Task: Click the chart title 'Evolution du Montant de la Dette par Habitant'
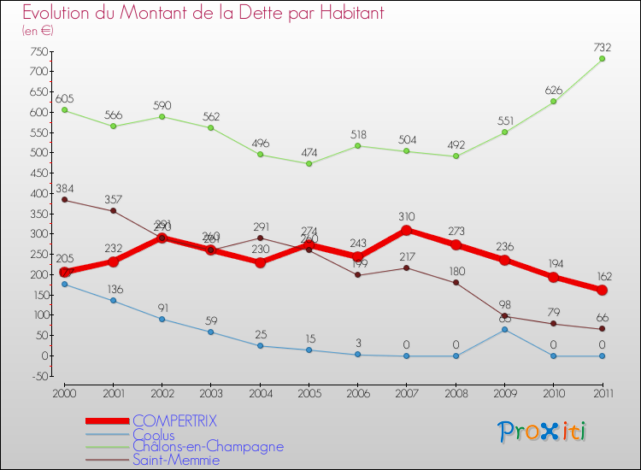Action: [x=203, y=14]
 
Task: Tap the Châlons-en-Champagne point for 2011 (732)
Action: [x=602, y=58]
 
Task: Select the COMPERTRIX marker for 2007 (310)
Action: [x=407, y=230]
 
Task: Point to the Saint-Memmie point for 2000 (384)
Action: [x=64, y=200]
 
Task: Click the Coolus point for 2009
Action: [x=504, y=329]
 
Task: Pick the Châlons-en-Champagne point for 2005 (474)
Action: [x=309, y=163]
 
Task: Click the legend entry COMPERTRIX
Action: [x=174, y=421]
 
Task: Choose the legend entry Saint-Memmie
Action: [x=176, y=461]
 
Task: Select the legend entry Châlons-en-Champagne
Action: [x=208, y=446]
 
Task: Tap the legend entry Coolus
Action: [x=154, y=435]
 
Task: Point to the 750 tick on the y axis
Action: [x=37, y=51]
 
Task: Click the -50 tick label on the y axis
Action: [x=37, y=376]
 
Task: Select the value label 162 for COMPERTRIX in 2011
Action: [x=602, y=276]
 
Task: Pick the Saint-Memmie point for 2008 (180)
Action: [x=456, y=282]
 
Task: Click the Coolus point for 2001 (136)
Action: [x=113, y=300]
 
